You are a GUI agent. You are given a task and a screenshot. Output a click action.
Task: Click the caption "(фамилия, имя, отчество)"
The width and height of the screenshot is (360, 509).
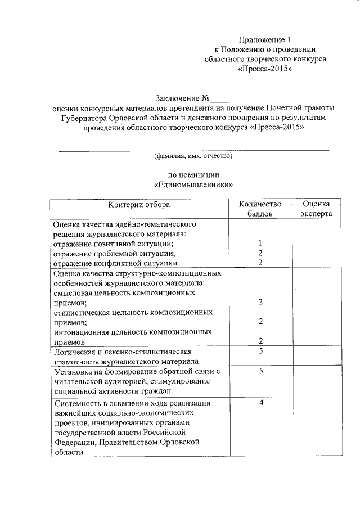(x=193, y=156)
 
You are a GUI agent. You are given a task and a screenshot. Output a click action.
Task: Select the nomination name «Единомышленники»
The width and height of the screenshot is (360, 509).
(x=193, y=184)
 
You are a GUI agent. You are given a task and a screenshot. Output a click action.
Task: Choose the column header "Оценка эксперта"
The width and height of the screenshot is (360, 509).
(x=316, y=209)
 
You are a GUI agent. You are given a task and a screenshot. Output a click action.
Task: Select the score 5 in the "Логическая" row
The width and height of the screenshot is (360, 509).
(x=260, y=351)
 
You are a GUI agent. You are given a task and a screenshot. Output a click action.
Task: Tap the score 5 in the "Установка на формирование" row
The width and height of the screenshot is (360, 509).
(x=260, y=371)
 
